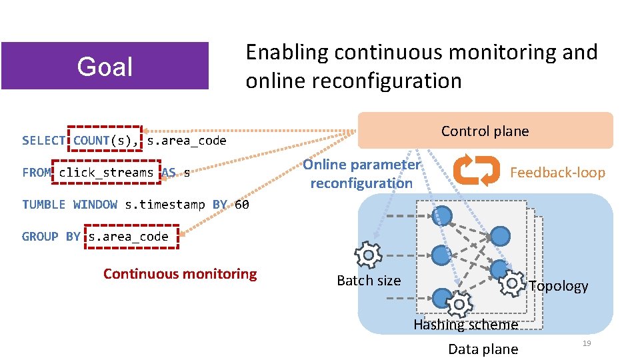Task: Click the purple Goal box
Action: click(105, 66)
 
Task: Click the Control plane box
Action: click(485, 131)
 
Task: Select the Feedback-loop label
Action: click(557, 173)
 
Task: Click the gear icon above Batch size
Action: click(368, 255)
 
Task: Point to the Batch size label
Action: click(369, 281)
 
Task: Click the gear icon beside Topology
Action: click(512, 283)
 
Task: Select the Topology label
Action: click(559, 286)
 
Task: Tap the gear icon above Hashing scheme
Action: click(459, 305)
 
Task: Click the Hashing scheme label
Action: click(465, 325)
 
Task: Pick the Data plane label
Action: click(483, 349)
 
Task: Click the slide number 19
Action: click(587, 343)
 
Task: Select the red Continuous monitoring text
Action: click(180, 273)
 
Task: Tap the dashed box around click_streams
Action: click(106, 173)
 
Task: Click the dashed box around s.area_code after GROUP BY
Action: click(131, 237)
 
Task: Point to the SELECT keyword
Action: click(43, 141)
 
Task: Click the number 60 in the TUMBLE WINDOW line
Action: click(242, 205)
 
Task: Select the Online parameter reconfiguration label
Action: click(362, 173)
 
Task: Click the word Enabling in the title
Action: click(287, 52)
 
